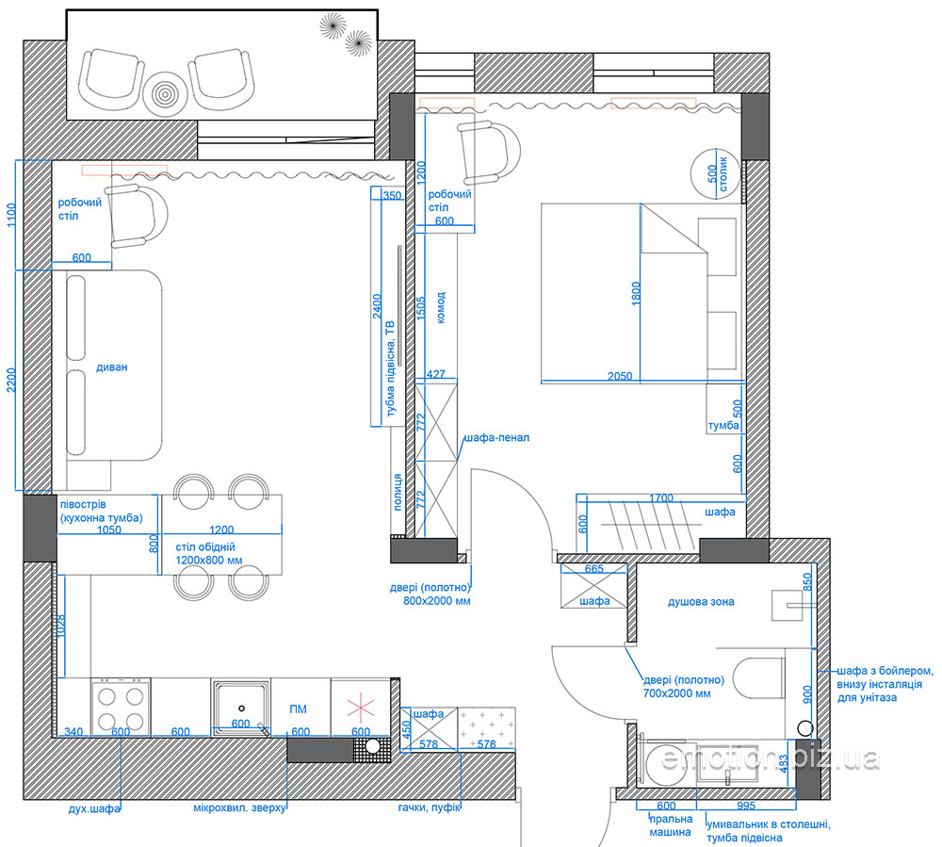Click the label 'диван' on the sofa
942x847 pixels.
tap(112, 367)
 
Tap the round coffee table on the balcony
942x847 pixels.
tap(165, 93)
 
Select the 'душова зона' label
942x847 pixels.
tap(701, 601)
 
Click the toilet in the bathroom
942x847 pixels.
tap(759, 678)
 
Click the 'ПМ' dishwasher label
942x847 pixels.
tap(298, 709)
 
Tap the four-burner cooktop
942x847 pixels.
tap(121, 707)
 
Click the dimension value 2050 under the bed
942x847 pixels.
tap(620, 376)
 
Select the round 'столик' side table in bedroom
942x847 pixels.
tap(716, 173)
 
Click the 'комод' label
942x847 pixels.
tap(441, 307)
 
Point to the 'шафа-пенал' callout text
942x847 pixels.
tap(496, 437)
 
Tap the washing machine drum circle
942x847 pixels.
tap(666, 761)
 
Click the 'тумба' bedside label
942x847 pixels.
tap(723, 425)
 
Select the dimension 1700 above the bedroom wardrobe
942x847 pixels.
tap(661, 498)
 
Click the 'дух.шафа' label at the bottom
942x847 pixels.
tap(94, 808)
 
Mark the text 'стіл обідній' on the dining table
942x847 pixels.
tap(204, 546)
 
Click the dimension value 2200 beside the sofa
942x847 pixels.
tap(11, 381)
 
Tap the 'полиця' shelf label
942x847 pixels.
tap(398, 492)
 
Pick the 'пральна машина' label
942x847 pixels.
tap(670, 825)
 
